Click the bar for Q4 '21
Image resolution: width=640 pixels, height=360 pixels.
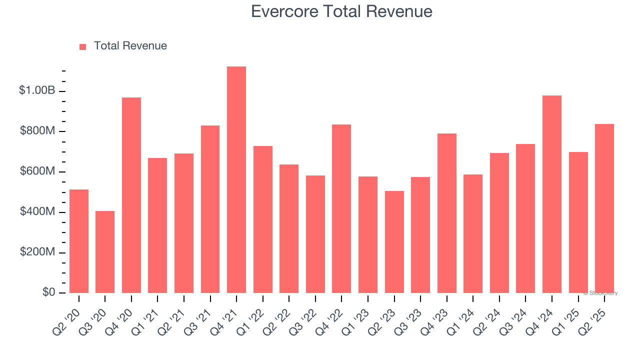[236, 179]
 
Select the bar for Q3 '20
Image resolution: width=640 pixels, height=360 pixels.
[105, 252]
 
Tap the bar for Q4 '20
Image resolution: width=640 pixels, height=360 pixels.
[131, 195]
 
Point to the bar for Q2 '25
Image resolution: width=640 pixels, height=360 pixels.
[604, 208]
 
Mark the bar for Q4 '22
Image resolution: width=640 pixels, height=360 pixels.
[341, 208]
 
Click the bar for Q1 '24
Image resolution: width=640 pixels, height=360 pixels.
[473, 233]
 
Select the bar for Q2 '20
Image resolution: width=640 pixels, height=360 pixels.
[79, 241]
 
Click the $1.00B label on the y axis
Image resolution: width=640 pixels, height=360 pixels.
[37, 90]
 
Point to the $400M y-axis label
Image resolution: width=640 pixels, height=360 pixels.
[38, 212]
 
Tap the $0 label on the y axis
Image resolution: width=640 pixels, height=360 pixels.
[49, 292]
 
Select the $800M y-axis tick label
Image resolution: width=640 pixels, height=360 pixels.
[38, 131]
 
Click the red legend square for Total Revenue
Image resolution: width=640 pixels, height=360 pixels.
[83, 47]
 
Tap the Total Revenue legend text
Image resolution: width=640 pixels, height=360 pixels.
[130, 46]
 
